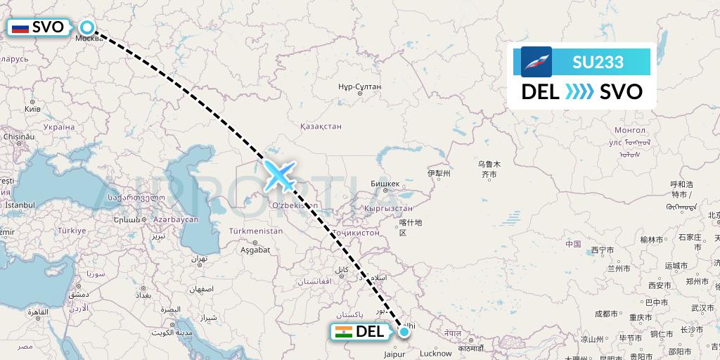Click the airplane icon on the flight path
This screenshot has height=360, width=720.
tap(279, 175)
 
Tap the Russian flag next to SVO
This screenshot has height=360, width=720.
tap(20, 28)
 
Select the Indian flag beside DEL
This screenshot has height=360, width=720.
tap(343, 332)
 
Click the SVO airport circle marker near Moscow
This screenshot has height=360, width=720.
tap(87, 27)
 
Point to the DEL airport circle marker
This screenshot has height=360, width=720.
tap(404, 331)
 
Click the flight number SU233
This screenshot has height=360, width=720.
tap(598, 62)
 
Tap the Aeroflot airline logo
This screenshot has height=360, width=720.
tap(536, 62)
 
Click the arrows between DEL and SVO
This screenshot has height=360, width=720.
tap(579, 92)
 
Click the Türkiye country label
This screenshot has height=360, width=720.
tap(71, 231)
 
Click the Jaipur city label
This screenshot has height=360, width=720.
tap(394, 354)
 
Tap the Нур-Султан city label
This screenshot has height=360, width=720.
tap(359, 86)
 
